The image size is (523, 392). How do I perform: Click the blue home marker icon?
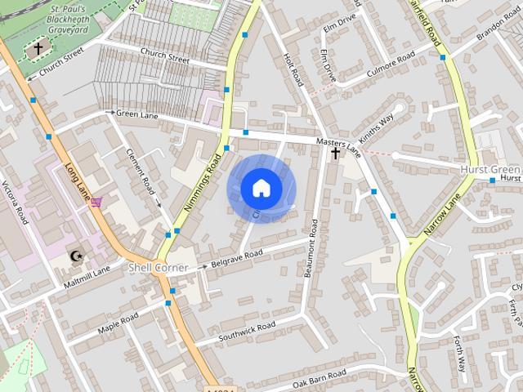[x=261, y=189]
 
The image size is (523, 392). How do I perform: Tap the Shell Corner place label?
[x=158, y=268]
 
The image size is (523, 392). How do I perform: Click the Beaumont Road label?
[x=311, y=247]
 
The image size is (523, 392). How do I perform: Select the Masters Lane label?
[x=337, y=145]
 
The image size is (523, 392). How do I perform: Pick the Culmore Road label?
[x=391, y=61]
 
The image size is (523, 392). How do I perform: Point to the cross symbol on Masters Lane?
[x=335, y=153]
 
